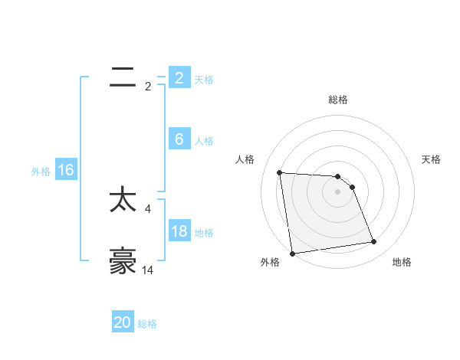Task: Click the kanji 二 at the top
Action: (123, 77)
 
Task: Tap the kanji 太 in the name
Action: (123, 201)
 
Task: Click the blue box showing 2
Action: (179, 77)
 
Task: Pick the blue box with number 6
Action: (179, 139)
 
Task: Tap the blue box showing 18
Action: (179, 231)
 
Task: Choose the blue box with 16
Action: (65, 170)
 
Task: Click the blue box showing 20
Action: (123, 322)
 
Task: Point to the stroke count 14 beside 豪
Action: (148, 270)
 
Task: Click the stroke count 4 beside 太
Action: (148, 208)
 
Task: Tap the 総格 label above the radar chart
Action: (338, 100)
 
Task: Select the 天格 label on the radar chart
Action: (432, 159)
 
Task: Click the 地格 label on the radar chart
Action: (402, 262)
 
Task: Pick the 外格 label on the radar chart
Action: (270, 262)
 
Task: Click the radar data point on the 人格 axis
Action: (280, 172)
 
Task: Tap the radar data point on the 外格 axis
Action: (292, 254)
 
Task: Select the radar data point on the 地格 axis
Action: (374, 242)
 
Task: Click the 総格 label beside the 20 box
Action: (148, 324)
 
